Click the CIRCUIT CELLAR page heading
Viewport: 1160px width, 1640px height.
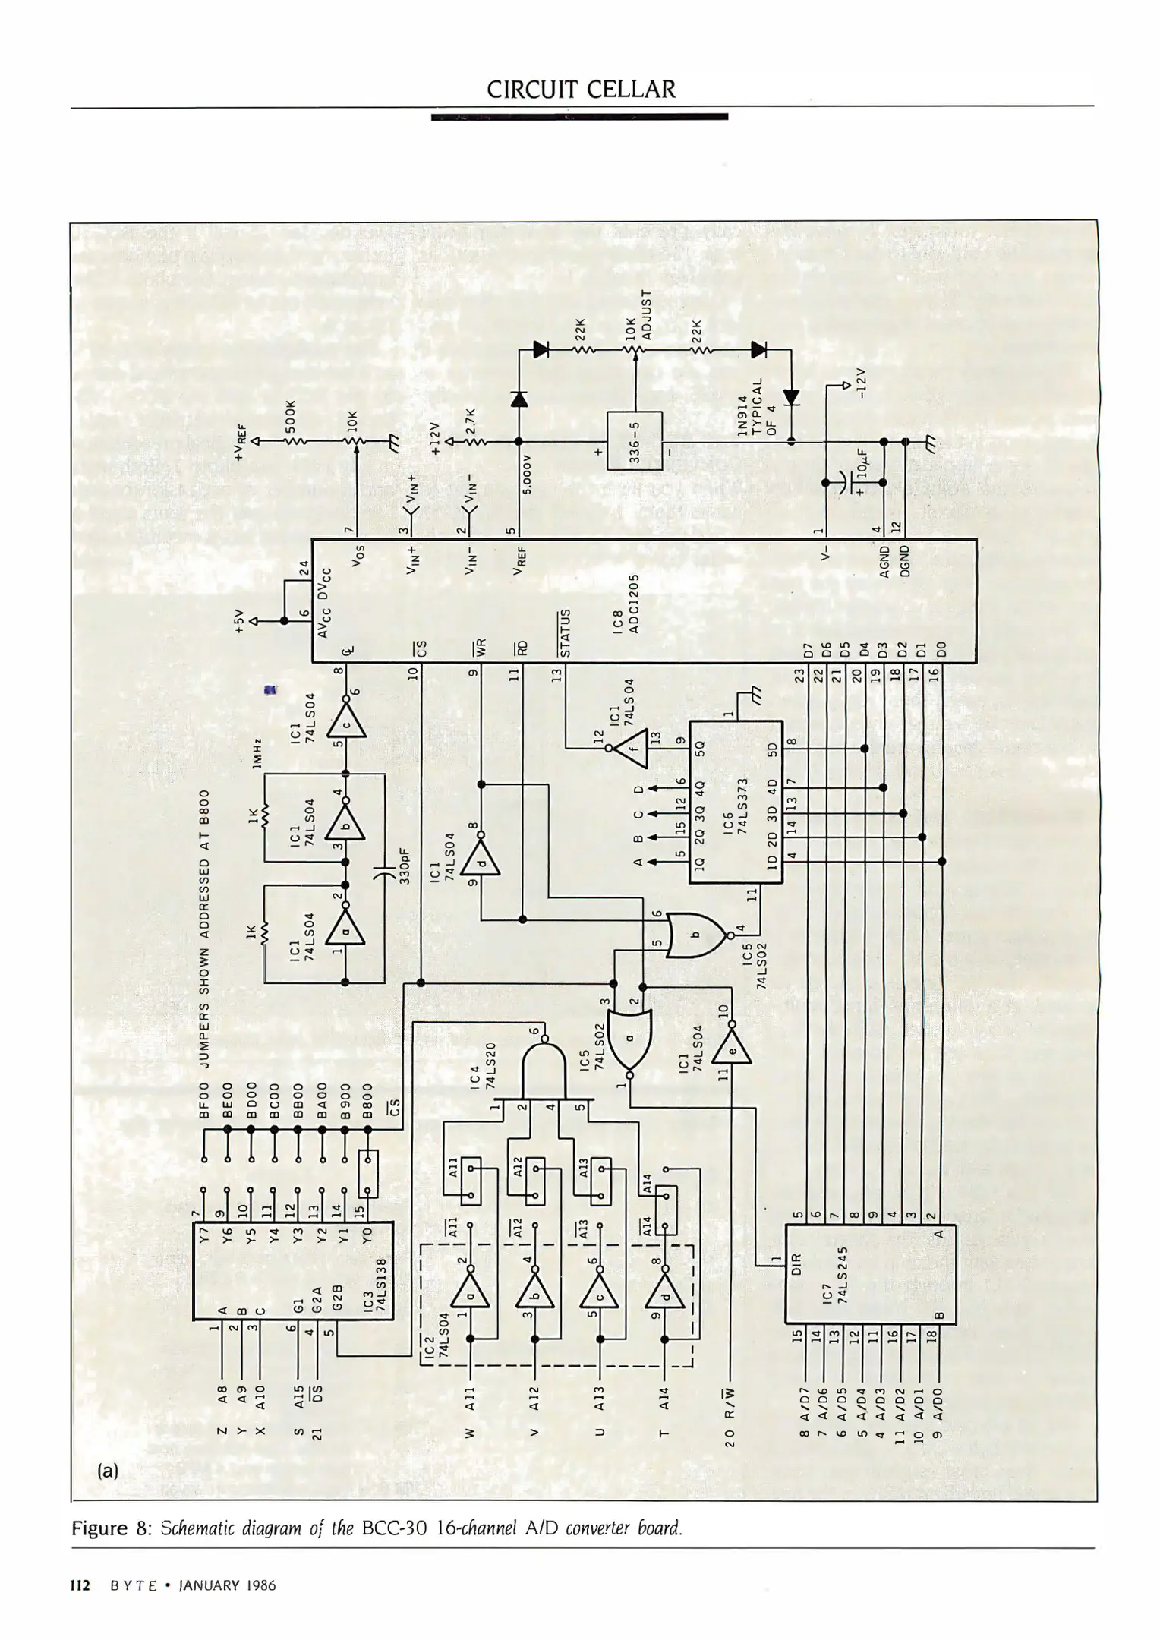point(581,90)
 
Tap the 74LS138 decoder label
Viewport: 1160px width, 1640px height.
point(381,1285)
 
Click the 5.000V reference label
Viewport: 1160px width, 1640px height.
point(527,474)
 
